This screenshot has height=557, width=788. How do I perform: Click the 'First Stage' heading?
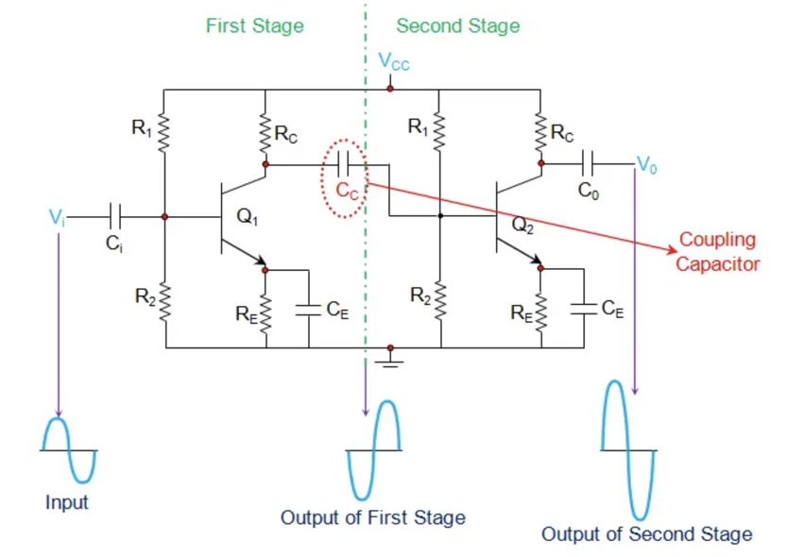click(255, 25)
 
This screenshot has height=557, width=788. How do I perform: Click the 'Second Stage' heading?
click(457, 25)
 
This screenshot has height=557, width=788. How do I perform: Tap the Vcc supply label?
click(394, 63)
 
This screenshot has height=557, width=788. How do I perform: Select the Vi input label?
click(56, 217)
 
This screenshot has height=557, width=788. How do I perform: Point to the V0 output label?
click(644, 164)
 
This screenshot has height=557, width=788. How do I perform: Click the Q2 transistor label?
click(522, 225)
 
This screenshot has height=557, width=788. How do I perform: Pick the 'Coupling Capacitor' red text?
click(717, 252)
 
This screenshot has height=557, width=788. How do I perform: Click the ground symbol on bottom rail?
click(390, 360)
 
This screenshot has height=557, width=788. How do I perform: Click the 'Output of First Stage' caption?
click(372, 517)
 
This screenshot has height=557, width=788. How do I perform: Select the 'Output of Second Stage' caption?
click(646, 534)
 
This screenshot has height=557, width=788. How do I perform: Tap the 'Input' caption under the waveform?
click(66, 502)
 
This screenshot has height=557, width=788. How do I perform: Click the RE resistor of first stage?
click(266, 309)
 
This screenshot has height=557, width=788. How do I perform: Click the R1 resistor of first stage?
click(164, 132)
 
